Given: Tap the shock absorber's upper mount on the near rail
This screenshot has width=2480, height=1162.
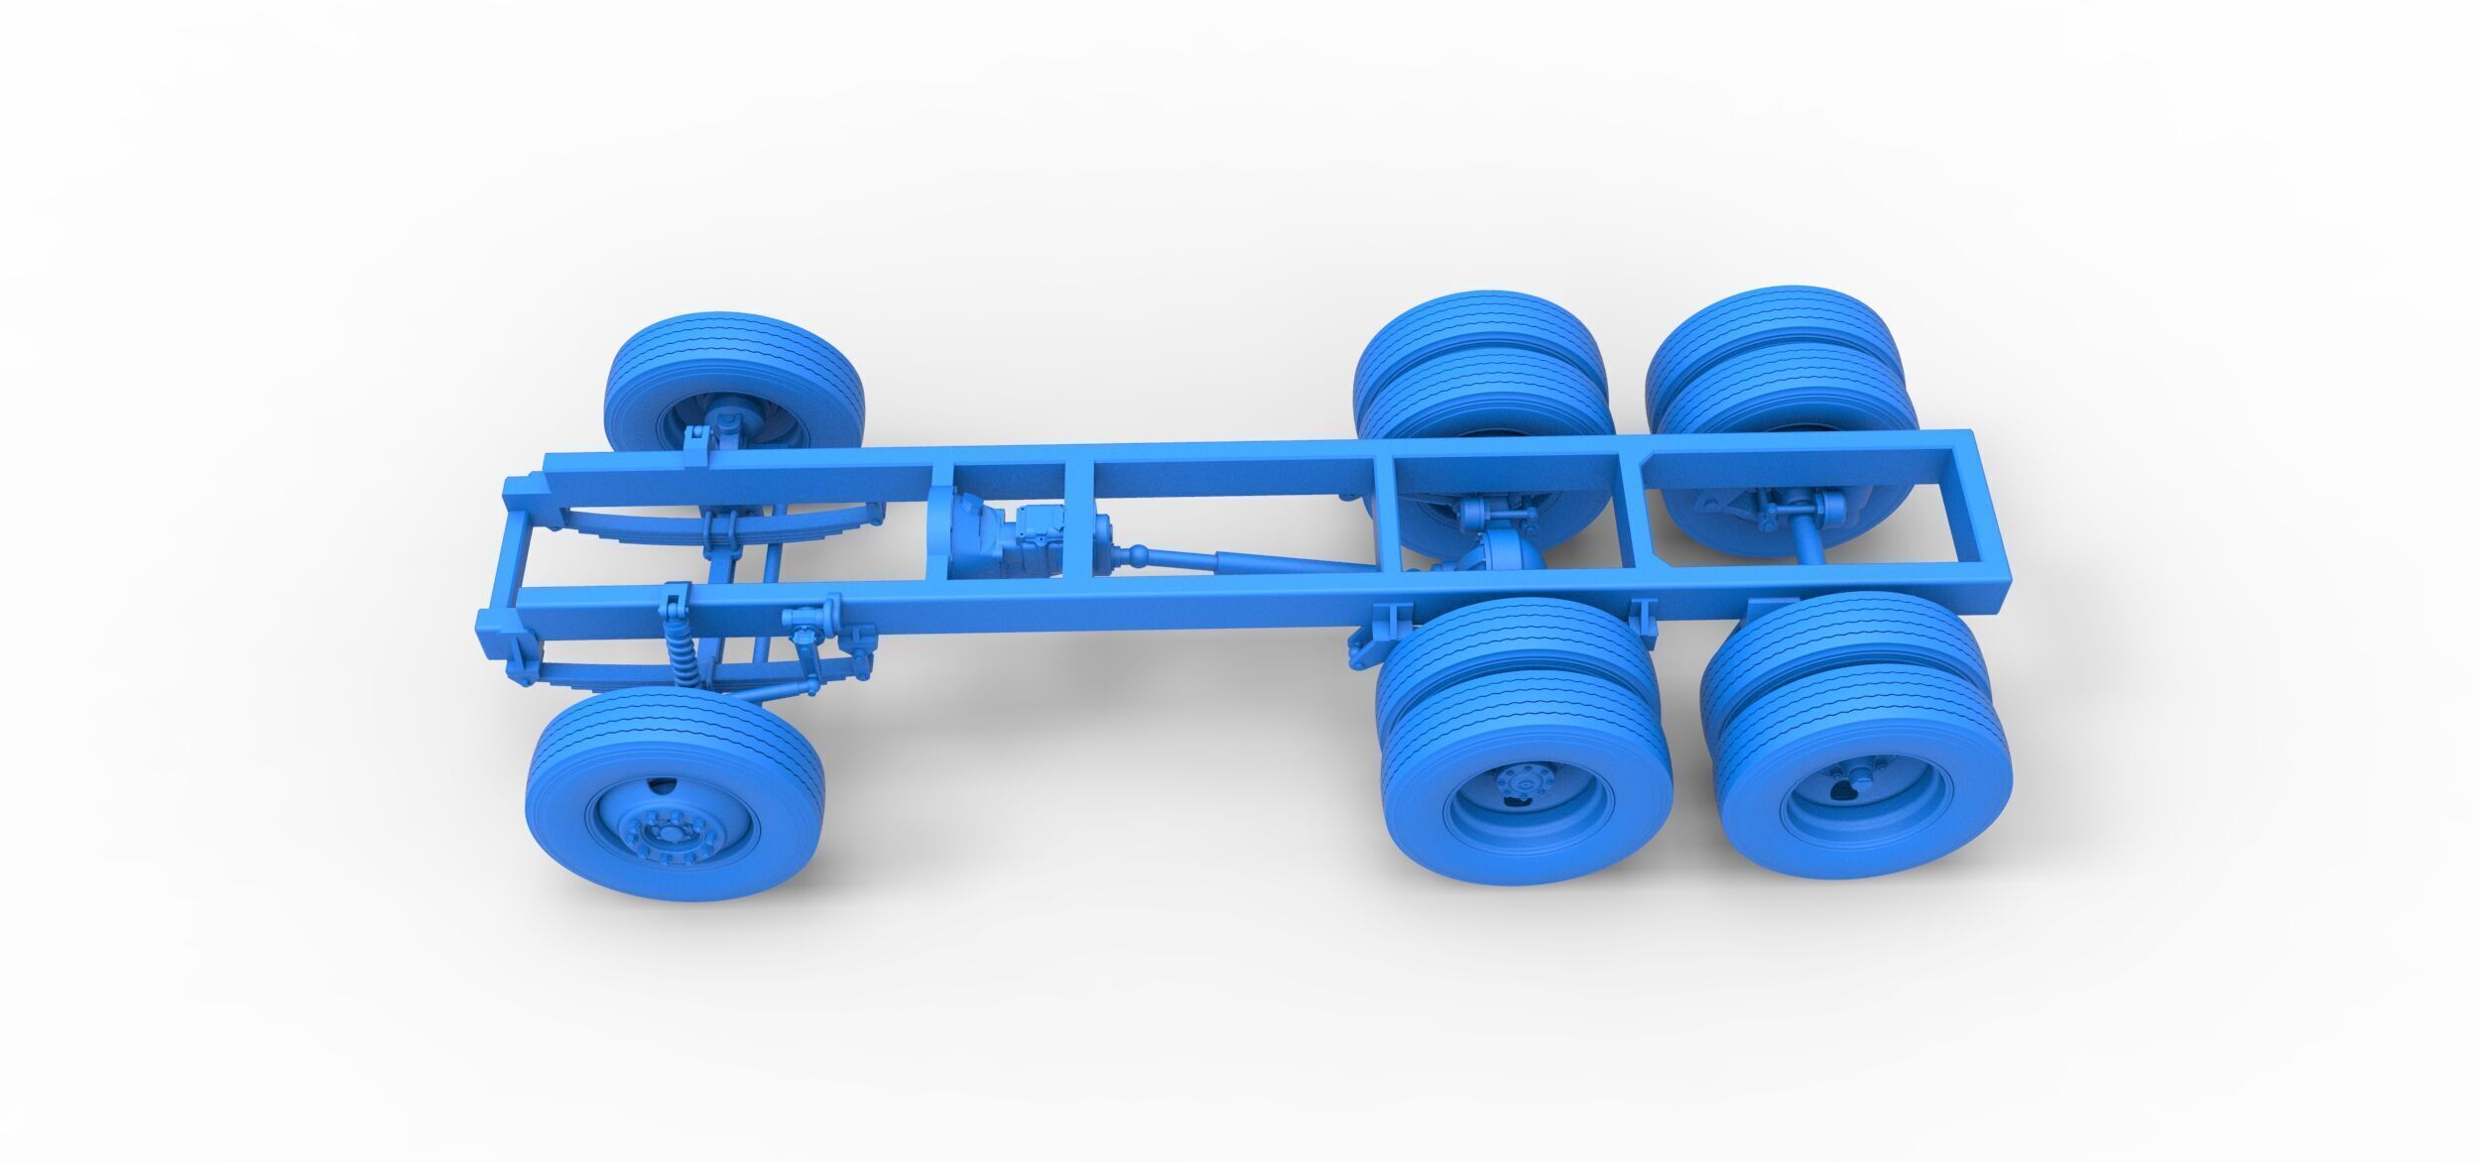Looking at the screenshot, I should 675,601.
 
